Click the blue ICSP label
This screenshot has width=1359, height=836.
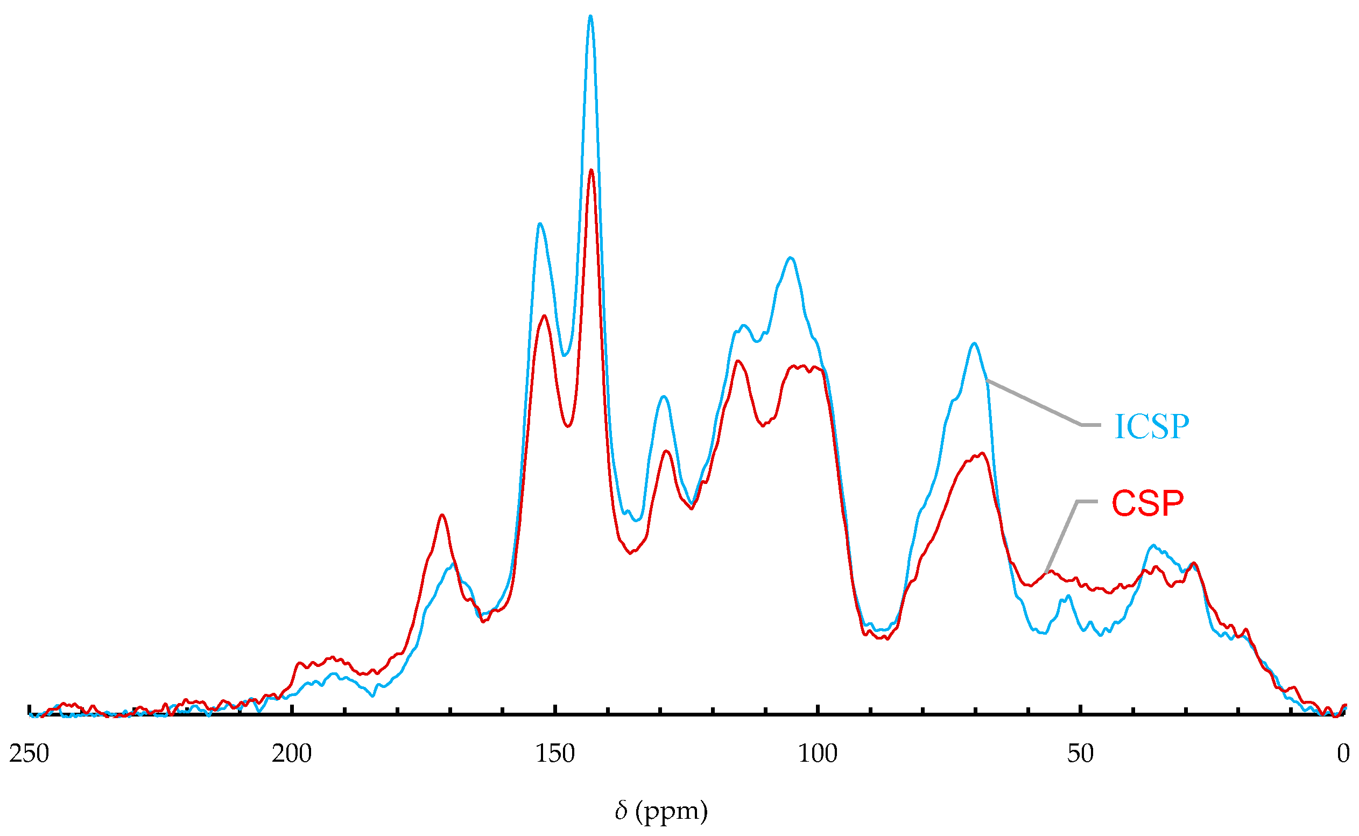[x=1151, y=426]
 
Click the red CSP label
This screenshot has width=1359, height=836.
[x=1147, y=503]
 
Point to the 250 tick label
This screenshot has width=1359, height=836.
[x=29, y=754]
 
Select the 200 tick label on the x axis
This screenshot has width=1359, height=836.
[x=292, y=754]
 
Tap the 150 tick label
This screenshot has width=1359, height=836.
[x=555, y=754]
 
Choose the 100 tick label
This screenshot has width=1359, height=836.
[x=818, y=754]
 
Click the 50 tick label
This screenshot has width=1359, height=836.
[x=1080, y=754]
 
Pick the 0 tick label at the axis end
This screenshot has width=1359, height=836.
[x=1343, y=754]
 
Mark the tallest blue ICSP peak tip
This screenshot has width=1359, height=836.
[x=590, y=17]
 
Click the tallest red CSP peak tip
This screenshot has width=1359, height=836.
[x=592, y=170]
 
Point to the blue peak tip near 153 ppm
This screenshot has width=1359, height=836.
[x=539, y=224]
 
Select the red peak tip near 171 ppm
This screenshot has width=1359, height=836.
[x=442, y=515]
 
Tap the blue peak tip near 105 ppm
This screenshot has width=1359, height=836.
[x=791, y=258]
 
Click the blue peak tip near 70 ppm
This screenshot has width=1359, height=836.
[x=974, y=343]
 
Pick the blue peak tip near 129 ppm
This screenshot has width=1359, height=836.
[x=664, y=396]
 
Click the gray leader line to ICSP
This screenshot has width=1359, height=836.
[x=1033, y=403]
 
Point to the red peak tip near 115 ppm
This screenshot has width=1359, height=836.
[x=738, y=361]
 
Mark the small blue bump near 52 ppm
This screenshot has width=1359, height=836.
[x=1068, y=595]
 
